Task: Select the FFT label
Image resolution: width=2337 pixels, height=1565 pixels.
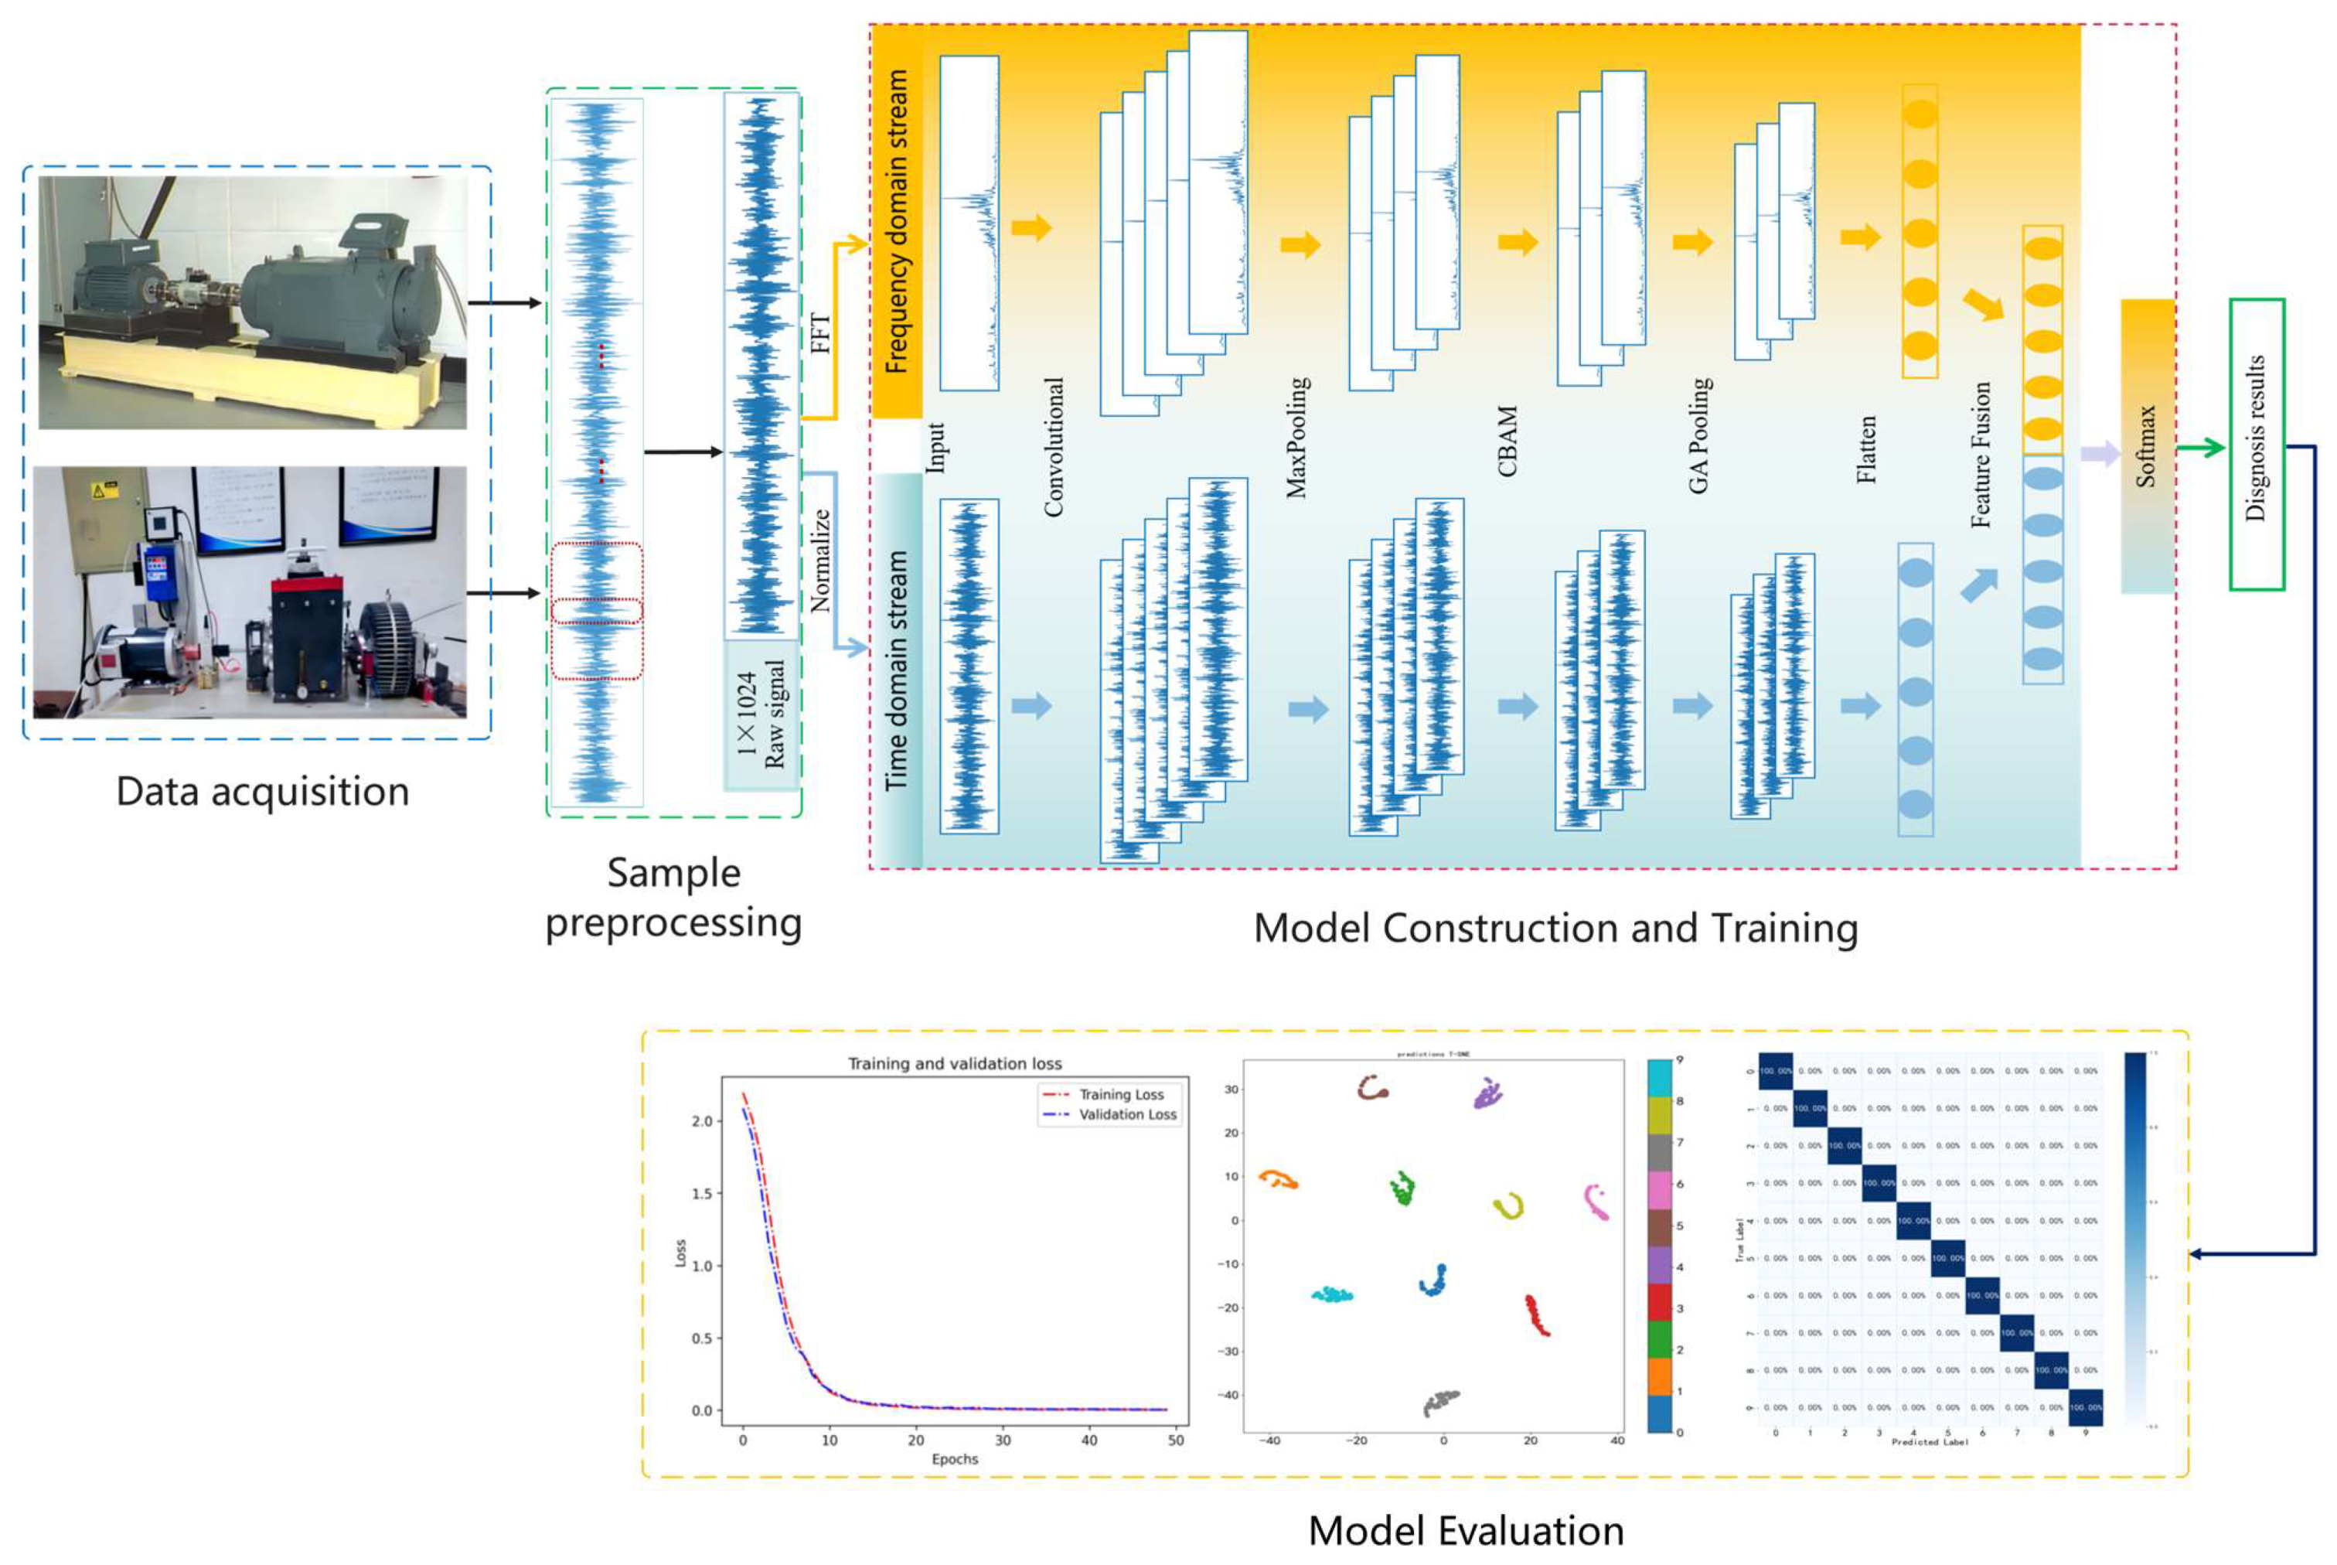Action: [x=819, y=333]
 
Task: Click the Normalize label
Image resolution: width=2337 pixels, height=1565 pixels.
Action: [x=820, y=560]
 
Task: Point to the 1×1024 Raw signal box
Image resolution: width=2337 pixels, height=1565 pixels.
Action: [x=761, y=714]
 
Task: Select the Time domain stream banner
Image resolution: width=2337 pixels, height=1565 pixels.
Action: [x=896, y=670]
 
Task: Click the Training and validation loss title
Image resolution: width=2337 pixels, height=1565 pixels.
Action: [x=954, y=1064]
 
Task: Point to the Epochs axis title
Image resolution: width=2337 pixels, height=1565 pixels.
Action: [x=954, y=1459]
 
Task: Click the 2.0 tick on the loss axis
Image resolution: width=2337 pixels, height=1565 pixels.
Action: [x=701, y=1121]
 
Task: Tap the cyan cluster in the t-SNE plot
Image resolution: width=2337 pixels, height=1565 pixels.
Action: [x=1331, y=1295]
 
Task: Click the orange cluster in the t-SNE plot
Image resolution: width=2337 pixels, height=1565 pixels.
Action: [x=1277, y=1180]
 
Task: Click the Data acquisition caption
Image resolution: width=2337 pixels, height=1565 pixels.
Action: [x=262, y=792]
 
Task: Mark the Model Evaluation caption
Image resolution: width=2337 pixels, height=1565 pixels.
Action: [x=1465, y=1531]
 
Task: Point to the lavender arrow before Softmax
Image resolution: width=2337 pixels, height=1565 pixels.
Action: [x=2100, y=454]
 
